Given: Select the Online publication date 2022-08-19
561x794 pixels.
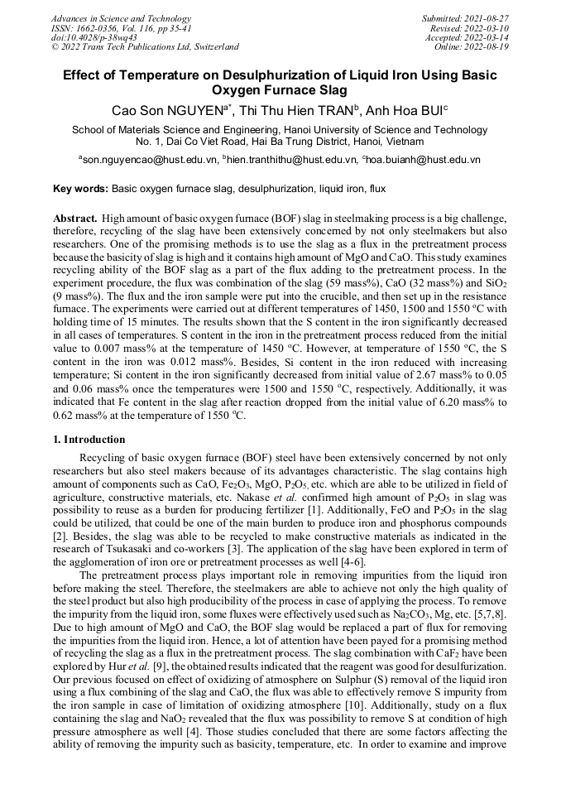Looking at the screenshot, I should point(489,47).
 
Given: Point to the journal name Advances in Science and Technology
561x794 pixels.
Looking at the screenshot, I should point(121,18).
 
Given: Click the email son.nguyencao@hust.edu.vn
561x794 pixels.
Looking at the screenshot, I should point(145,158).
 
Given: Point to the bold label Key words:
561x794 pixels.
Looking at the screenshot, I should point(80,189).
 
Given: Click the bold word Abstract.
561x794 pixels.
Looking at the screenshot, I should point(74,217).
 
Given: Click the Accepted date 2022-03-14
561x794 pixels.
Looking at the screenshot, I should point(489,37).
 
